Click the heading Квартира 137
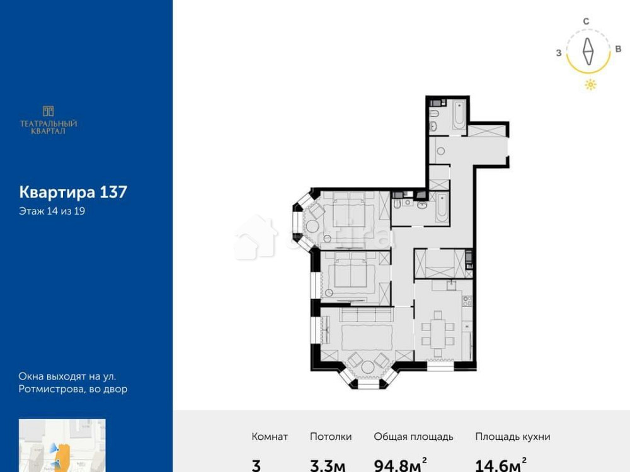point(73,192)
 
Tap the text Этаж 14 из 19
point(52,211)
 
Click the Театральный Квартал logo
point(49,120)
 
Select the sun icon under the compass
point(590,85)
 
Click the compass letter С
point(586,21)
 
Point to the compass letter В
point(618,50)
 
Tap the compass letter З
point(559,53)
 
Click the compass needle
point(588,52)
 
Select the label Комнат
point(270,437)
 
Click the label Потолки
point(331,437)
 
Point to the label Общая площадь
point(413,437)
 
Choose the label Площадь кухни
point(513,437)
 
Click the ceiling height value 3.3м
point(328,464)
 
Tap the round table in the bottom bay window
point(368,368)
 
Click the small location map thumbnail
point(62,446)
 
